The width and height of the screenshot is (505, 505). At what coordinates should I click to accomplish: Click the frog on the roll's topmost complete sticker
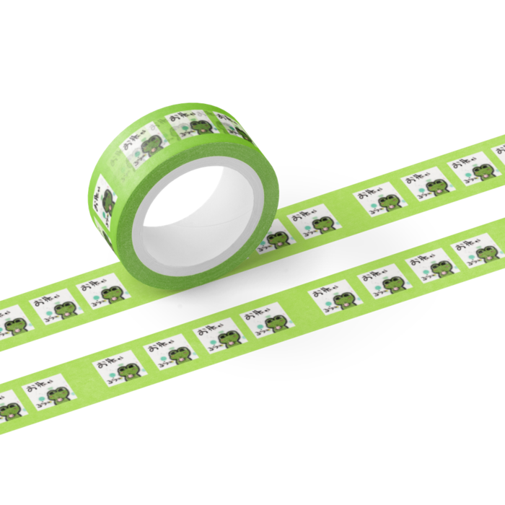198,127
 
